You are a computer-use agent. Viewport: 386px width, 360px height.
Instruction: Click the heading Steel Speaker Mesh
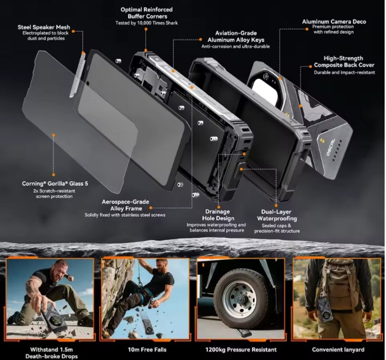click(x=44, y=27)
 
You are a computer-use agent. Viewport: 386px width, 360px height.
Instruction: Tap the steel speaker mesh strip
click(x=77, y=74)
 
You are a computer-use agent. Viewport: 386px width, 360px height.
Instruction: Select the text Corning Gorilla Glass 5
click(x=55, y=183)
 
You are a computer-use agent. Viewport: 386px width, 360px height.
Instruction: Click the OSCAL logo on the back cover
click(x=331, y=147)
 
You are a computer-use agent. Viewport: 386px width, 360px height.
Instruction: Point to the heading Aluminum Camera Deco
click(x=334, y=22)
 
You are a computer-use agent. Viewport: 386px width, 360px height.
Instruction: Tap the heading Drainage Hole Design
click(x=218, y=215)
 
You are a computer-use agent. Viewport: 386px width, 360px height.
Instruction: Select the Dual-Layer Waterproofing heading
click(x=277, y=215)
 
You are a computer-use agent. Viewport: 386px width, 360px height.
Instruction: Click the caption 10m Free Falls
click(x=147, y=349)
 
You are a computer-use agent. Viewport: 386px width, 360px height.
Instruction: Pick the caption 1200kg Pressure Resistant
click(x=241, y=349)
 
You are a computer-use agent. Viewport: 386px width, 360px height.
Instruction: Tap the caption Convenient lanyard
click(x=338, y=349)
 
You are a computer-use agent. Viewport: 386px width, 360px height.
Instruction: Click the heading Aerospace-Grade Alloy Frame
click(x=126, y=205)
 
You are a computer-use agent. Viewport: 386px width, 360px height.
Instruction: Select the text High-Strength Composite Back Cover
click(x=344, y=62)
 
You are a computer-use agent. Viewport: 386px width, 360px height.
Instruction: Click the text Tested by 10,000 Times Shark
click(x=146, y=23)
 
